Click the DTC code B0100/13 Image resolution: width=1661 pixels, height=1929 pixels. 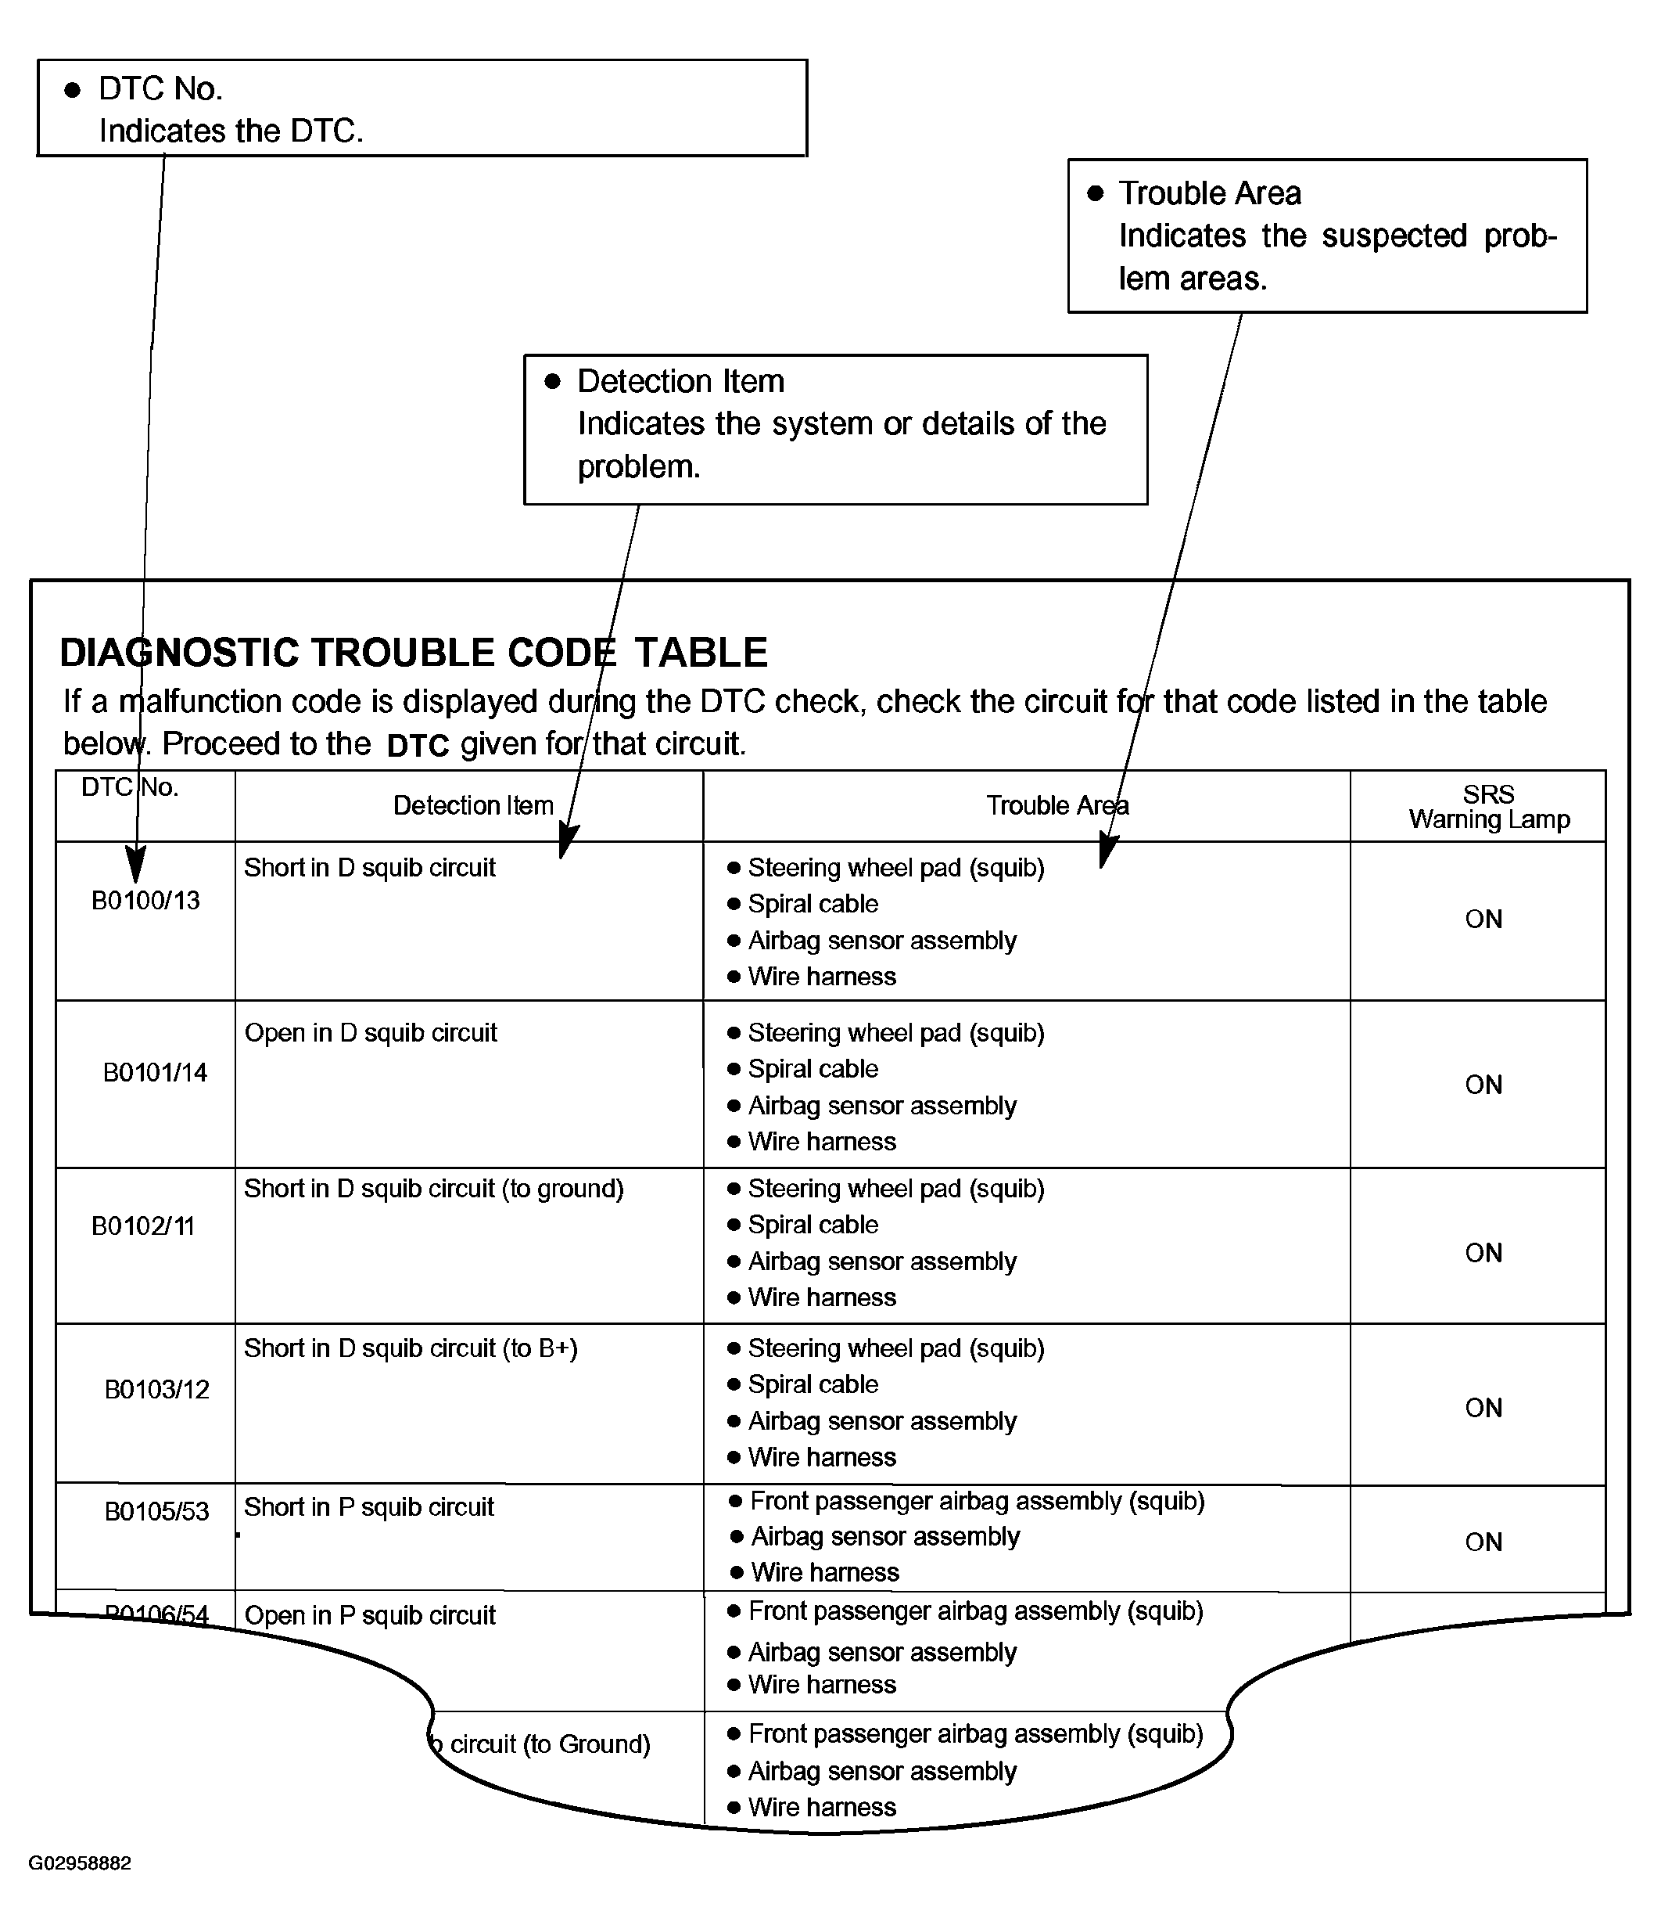point(145,900)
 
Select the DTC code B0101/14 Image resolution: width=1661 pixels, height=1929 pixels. point(155,1073)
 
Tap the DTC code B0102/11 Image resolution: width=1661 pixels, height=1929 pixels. point(142,1225)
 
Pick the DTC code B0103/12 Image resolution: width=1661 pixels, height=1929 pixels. point(156,1389)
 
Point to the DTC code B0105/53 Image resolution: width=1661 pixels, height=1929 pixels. point(156,1511)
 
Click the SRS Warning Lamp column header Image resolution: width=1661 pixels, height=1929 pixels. point(1488,806)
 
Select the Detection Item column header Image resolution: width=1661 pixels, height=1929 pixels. point(472,805)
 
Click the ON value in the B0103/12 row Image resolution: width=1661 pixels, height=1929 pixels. point(1483,1408)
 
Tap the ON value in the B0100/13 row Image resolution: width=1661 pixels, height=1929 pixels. point(1483,919)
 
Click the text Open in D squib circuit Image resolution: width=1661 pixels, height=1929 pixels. point(371,1032)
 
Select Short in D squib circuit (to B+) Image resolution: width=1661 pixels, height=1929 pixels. point(411,1348)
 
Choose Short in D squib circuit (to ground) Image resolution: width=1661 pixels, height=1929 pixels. point(434,1189)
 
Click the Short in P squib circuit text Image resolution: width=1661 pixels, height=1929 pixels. point(368,1507)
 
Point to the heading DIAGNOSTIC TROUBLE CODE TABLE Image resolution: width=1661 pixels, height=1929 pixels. point(413,653)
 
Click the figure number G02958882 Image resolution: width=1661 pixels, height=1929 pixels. point(80,1863)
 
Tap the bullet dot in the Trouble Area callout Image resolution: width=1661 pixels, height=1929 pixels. point(1096,193)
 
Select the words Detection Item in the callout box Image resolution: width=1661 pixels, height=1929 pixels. point(680,381)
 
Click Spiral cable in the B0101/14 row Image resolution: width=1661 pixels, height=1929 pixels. point(813,1069)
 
